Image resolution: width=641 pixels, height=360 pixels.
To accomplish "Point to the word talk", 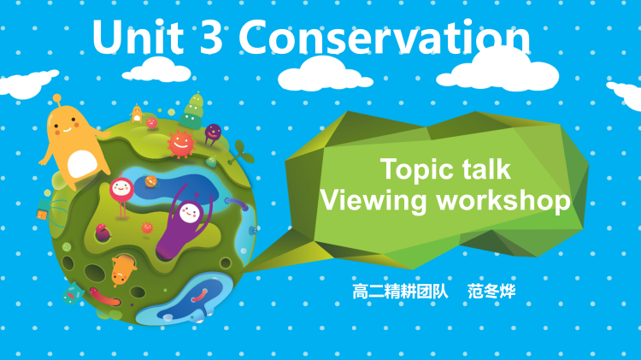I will tap(482, 168).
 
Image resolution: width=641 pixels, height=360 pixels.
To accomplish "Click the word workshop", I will tap(503, 201).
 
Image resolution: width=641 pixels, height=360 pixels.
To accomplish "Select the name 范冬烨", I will tap(491, 291).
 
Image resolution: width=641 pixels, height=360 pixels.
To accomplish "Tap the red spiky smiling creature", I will tap(181, 143).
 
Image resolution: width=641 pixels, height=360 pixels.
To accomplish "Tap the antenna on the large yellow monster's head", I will tap(56, 102).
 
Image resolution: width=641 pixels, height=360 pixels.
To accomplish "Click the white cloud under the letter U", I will tap(163, 68).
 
